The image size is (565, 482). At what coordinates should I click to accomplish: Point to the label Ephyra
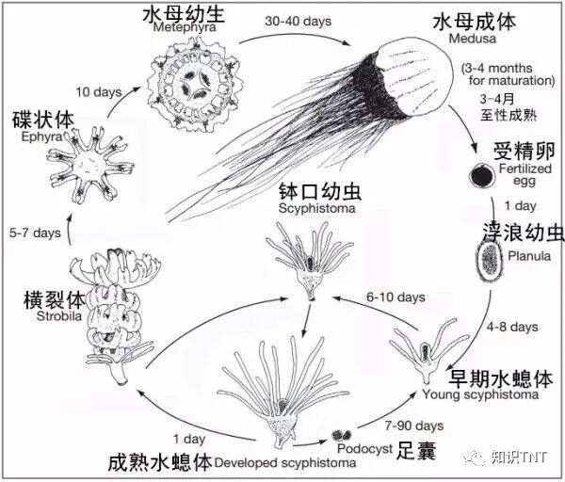coord(31,136)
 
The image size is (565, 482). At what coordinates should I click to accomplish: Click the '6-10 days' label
coord(370,296)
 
